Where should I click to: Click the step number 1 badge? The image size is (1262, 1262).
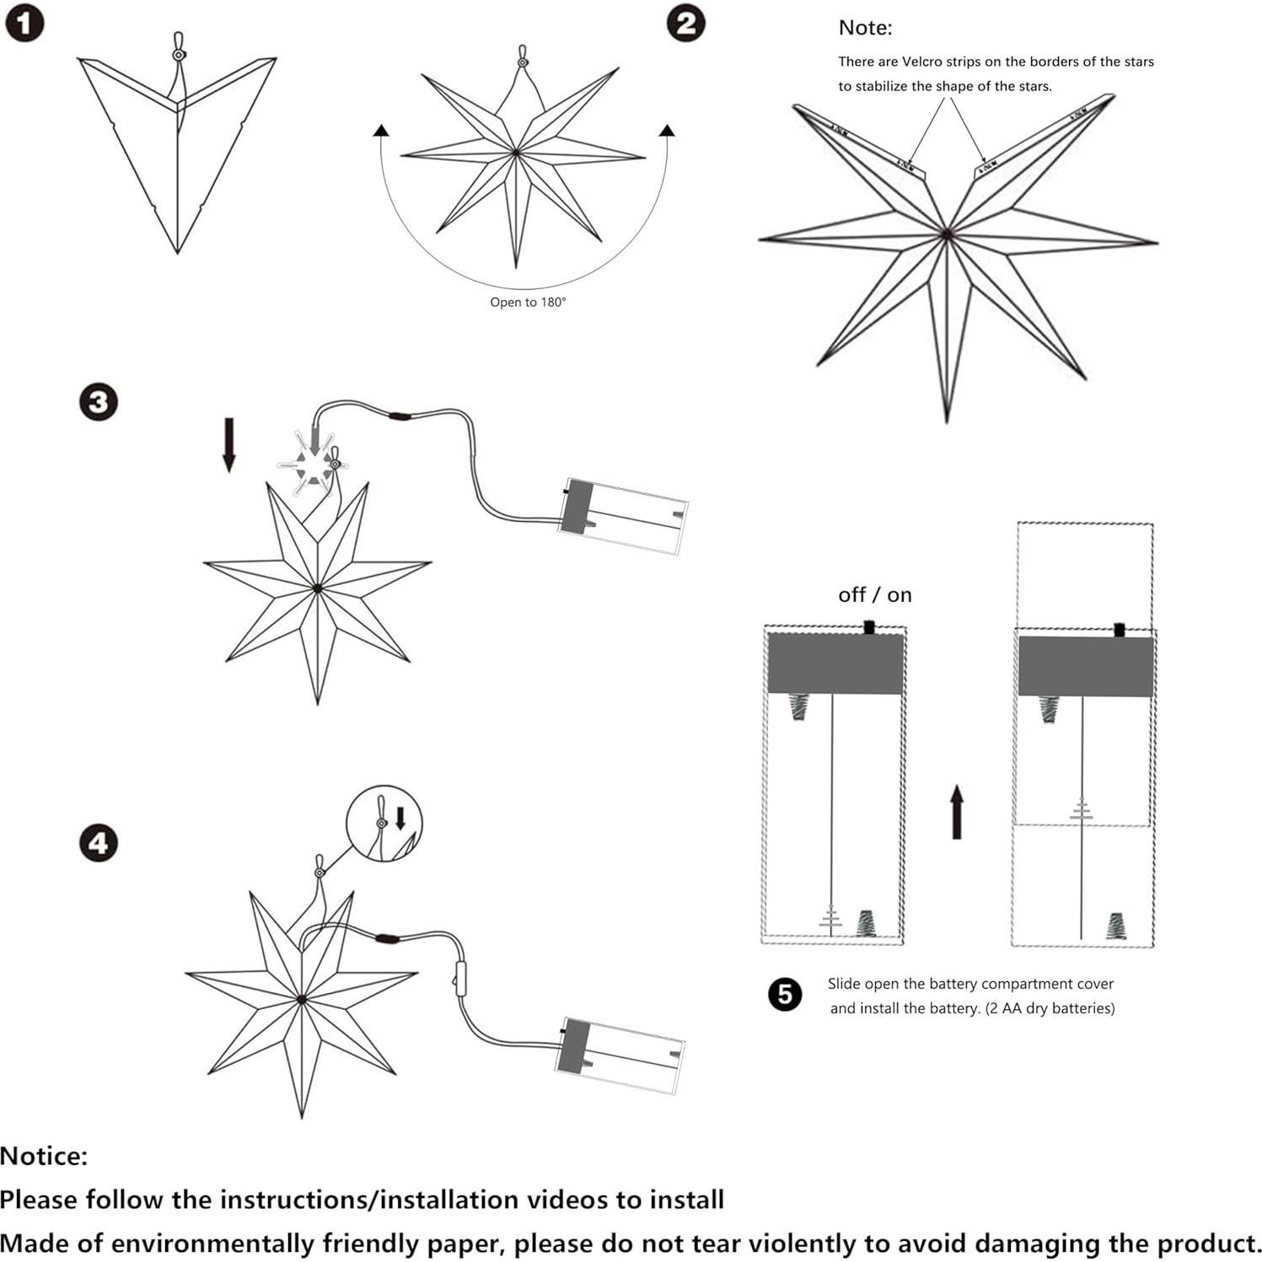pyautogui.click(x=24, y=23)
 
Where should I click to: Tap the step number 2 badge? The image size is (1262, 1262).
pyautogui.click(x=685, y=23)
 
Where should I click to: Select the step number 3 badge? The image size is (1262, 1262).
pyautogui.click(x=98, y=401)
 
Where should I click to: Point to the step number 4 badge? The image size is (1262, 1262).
pyautogui.click(x=98, y=842)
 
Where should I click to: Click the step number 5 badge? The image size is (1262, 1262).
pyautogui.click(x=785, y=995)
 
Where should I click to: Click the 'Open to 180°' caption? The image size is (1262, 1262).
pyautogui.click(x=528, y=302)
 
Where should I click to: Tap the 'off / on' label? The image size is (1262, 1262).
pyautogui.click(x=874, y=595)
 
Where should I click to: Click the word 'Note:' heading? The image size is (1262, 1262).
pyautogui.click(x=865, y=28)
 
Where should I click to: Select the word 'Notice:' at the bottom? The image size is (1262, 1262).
pyautogui.click(x=44, y=1156)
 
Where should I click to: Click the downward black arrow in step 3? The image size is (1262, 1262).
pyautogui.click(x=228, y=445)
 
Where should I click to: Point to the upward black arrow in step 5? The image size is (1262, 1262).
pyautogui.click(x=956, y=811)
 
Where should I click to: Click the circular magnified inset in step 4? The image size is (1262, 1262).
pyautogui.click(x=384, y=824)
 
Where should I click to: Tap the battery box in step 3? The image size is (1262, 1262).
pyautogui.click(x=623, y=516)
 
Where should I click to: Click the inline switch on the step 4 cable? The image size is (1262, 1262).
pyautogui.click(x=460, y=978)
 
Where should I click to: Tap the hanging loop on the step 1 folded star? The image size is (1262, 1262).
pyautogui.click(x=178, y=46)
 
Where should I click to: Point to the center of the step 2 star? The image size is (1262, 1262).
pyautogui.click(x=516, y=153)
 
